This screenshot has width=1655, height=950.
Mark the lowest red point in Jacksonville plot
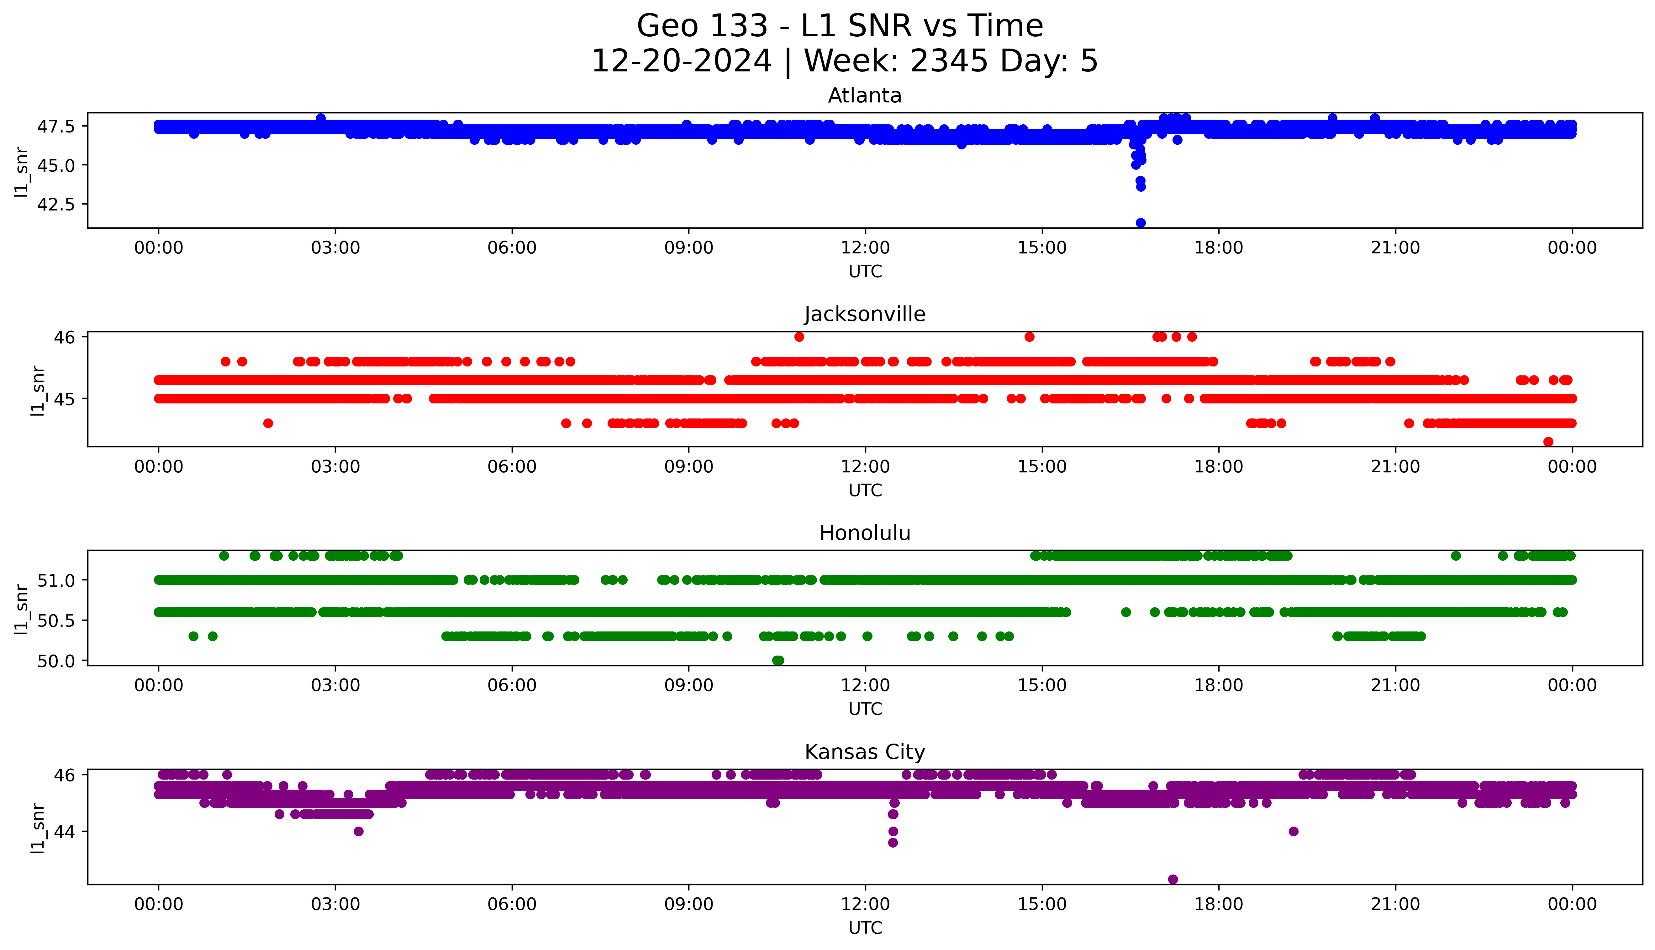1548,442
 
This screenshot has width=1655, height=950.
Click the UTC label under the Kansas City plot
865,927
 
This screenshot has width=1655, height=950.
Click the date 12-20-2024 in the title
681,61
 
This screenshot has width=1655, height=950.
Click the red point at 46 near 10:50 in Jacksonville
799,337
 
